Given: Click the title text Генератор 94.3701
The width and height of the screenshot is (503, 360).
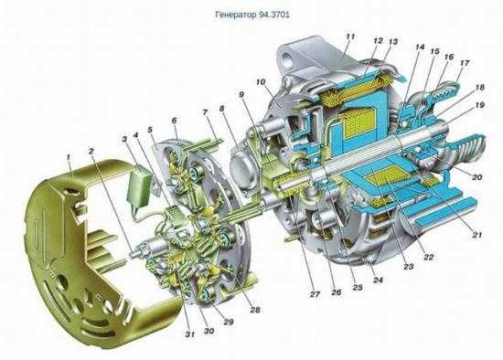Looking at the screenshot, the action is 252,15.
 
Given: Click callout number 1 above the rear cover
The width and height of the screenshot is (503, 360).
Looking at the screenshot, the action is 69,157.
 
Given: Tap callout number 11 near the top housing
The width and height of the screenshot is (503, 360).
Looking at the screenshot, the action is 350,37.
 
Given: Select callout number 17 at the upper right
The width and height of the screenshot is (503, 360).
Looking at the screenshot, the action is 465,63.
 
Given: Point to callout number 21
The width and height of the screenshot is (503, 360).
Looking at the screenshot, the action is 477,235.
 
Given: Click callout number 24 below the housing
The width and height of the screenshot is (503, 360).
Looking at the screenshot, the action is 379,281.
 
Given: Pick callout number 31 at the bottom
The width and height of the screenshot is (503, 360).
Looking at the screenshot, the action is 189,334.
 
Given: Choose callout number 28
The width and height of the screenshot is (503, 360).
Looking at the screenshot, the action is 255,310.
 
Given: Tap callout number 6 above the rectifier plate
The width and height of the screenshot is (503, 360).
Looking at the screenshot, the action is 174,121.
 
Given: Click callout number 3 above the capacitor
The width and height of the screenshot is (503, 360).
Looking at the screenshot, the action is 124,139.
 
